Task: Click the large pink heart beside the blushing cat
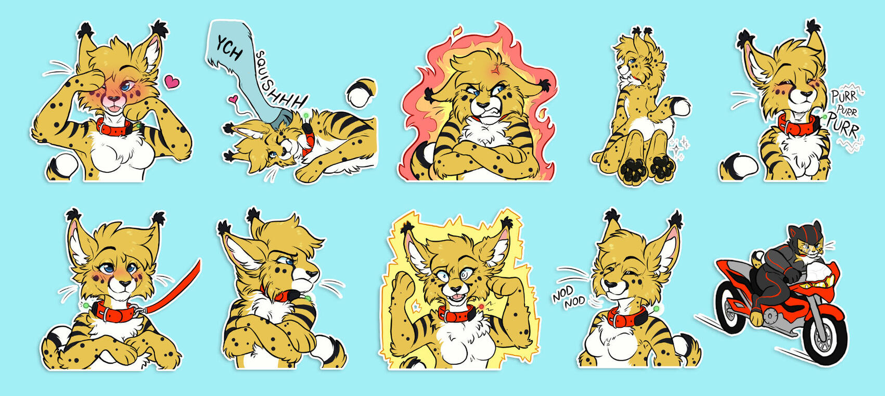[x=172, y=82]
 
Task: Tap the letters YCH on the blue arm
[x=229, y=48]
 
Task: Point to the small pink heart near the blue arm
[x=234, y=99]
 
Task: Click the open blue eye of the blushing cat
[x=125, y=86]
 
